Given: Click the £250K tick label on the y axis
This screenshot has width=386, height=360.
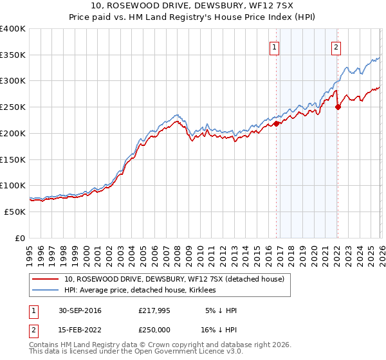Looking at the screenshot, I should pyautogui.click(x=13, y=107).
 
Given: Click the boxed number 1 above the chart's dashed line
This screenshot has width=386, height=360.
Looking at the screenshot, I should pyautogui.click(x=275, y=46).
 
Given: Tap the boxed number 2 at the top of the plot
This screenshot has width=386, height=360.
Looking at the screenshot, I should pyautogui.click(x=336, y=46).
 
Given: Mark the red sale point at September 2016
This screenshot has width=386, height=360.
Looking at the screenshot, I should pyautogui.click(x=277, y=124).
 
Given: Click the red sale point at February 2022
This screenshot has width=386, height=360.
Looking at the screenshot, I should pyautogui.click(x=338, y=107).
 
